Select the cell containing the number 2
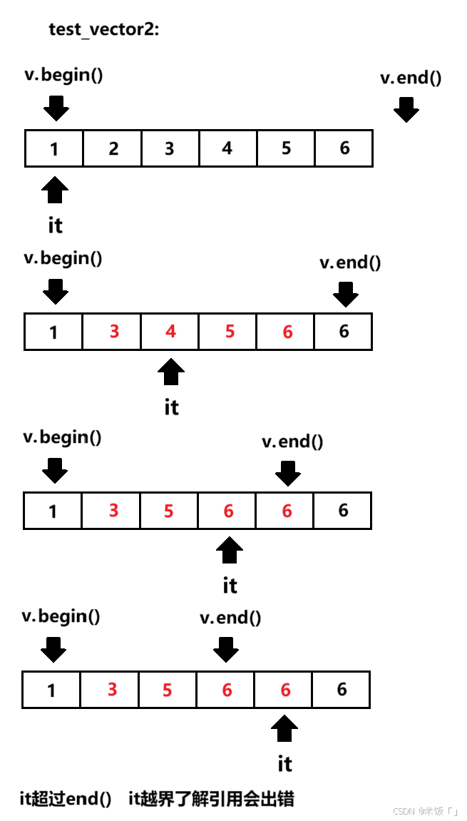[113, 148]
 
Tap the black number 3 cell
[170, 148]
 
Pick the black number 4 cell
[227, 148]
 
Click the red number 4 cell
[170, 332]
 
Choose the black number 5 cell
[286, 148]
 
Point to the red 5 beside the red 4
[229, 332]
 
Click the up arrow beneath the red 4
[171, 372]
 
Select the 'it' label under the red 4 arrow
[171, 407]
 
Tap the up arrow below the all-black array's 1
[55, 190]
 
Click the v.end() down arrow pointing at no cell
[406, 110]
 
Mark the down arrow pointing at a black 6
[345, 293]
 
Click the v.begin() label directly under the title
[63, 74]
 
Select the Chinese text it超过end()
[66, 800]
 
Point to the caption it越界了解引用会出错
[211, 800]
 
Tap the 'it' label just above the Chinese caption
[284, 764]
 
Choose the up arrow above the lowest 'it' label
[284, 729]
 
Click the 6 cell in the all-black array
[344, 148]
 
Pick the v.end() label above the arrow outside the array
[411, 78]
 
